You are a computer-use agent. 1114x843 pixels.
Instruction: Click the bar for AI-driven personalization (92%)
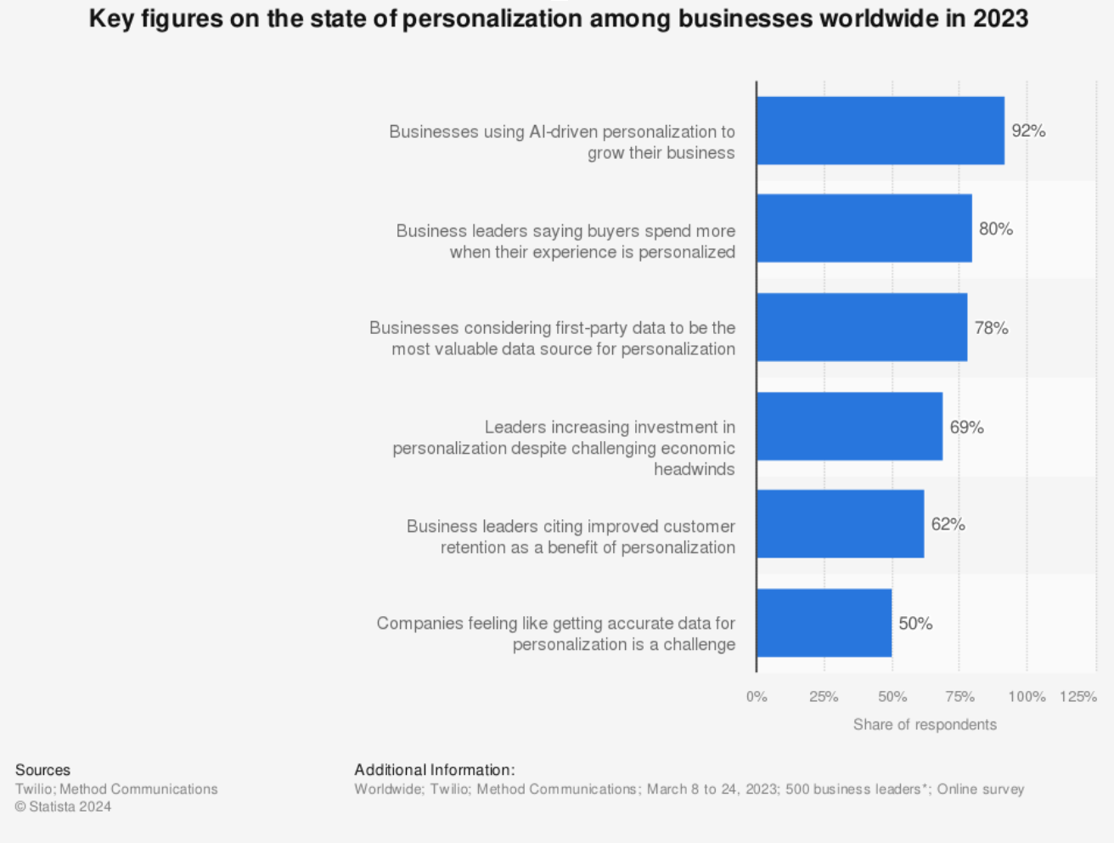tap(880, 131)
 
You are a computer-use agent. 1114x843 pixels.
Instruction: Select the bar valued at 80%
tap(864, 229)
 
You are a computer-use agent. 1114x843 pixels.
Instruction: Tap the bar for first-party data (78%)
tap(861, 328)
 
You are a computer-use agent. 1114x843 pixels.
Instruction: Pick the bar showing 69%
tap(849, 427)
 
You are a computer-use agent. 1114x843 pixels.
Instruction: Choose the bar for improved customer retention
tap(840, 524)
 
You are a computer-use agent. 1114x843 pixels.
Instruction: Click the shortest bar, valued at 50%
tap(824, 623)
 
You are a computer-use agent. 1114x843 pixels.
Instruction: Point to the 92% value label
tap(1028, 131)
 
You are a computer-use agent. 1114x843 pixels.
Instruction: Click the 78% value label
tap(991, 328)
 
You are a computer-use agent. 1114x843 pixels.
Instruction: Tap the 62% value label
tap(948, 524)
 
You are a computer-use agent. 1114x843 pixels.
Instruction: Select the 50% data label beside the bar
tap(915, 624)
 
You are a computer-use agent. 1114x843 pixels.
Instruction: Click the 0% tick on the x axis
tap(757, 697)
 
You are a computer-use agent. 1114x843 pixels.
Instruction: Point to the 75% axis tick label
tap(959, 697)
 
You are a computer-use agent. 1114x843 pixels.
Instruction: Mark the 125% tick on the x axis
tap(1078, 697)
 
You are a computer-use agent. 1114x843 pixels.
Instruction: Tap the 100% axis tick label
tap(1027, 697)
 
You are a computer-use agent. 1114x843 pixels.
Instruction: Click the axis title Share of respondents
tap(925, 725)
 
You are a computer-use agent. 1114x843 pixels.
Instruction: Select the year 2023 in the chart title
tap(1000, 18)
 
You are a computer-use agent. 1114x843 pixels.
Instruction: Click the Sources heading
tap(42, 770)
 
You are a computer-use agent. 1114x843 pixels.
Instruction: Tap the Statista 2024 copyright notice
tap(63, 806)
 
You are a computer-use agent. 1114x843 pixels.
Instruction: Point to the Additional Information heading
tap(434, 770)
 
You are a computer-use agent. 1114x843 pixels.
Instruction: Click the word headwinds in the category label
tap(694, 469)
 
